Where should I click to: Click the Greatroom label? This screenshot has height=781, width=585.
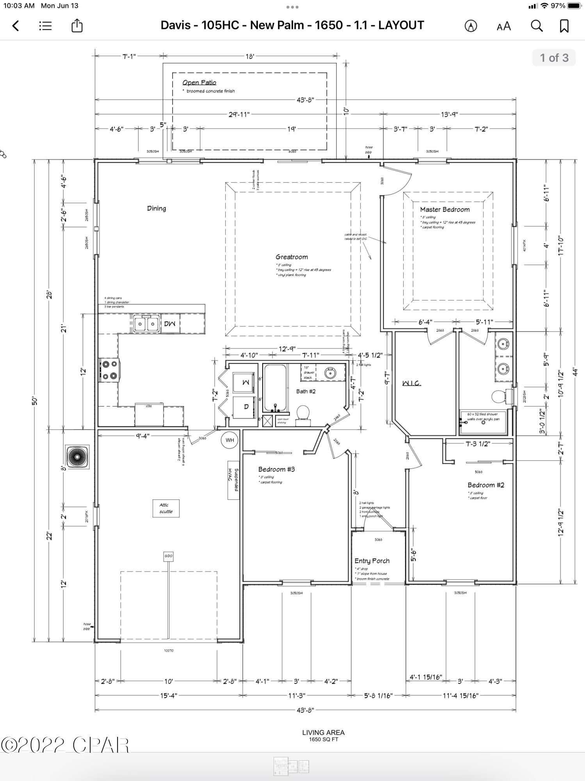(292, 257)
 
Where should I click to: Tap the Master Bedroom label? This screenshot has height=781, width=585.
(445, 210)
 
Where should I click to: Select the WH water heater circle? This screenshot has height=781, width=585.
(229, 440)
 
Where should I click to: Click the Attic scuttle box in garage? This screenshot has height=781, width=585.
(166, 508)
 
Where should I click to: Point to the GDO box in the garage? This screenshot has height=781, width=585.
(168, 556)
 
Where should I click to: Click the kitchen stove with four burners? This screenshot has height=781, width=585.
(110, 370)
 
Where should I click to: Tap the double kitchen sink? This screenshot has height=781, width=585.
(146, 324)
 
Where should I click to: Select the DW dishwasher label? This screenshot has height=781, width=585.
(170, 324)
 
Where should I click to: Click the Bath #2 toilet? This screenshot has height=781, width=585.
(303, 414)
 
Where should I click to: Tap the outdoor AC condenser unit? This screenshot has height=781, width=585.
(77, 456)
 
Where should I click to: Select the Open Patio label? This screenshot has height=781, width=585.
(199, 82)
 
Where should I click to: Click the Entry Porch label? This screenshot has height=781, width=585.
(372, 561)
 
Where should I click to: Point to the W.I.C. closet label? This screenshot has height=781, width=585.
(411, 383)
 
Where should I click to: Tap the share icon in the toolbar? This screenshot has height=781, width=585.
(77, 26)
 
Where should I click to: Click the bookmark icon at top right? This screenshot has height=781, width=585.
(564, 26)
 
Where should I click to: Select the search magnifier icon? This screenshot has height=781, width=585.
(537, 26)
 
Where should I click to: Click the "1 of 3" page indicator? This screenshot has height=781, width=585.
(554, 58)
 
